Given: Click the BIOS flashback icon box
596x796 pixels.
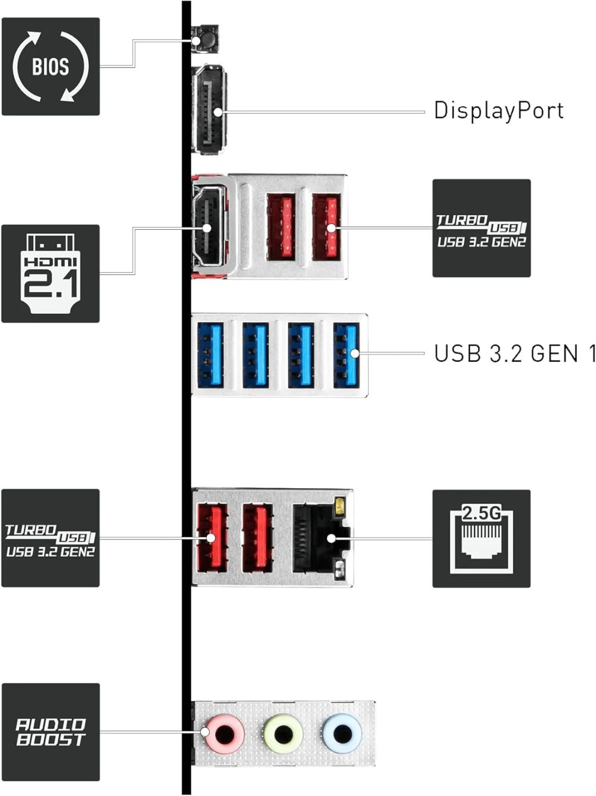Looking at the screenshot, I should (51, 66).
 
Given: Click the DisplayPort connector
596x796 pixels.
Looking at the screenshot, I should (209, 110).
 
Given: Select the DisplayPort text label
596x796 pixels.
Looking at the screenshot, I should (498, 111).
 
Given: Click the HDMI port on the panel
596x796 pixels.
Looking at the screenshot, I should (209, 227).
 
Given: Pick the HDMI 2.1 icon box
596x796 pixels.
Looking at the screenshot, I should (51, 273).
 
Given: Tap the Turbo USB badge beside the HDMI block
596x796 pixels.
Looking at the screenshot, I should (481, 228).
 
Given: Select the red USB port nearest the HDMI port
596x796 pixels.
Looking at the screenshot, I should (281, 227).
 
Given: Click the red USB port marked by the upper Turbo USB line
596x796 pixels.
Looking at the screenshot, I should (327, 227).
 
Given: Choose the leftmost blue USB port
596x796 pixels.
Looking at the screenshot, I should (209, 354).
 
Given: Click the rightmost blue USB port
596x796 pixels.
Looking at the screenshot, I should (347, 354).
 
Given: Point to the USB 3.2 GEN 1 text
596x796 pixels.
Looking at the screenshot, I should (514, 354).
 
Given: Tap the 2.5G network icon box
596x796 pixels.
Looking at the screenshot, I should (481, 538).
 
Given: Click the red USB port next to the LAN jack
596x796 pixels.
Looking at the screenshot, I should (257, 538).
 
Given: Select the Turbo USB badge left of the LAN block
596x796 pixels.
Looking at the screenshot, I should (51, 538).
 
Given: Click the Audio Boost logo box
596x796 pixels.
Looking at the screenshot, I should (51, 732).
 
